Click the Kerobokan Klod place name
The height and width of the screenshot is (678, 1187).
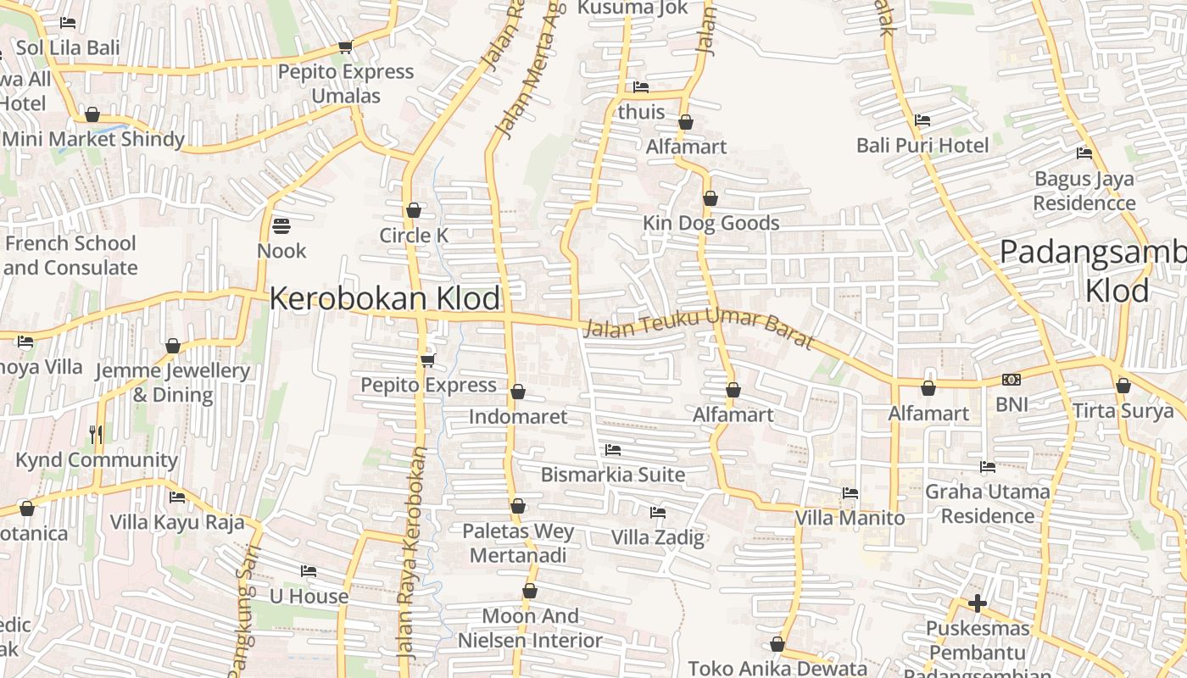point(384,299)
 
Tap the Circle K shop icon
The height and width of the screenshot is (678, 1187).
point(414,210)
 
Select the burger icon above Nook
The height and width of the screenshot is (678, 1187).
point(281,226)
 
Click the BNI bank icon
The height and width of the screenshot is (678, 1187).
point(1011,380)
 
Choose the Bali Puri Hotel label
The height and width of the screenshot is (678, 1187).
point(922,145)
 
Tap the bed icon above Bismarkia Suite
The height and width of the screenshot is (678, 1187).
point(613,450)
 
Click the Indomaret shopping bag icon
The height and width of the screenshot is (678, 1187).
point(518,392)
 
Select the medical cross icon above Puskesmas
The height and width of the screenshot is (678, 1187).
point(978,603)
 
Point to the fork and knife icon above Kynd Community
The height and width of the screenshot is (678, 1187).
point(96,435)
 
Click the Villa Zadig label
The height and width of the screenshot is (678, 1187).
point(658,537)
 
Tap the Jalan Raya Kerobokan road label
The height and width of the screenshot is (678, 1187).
point(411,553)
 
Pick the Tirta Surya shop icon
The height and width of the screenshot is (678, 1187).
point(1123,386)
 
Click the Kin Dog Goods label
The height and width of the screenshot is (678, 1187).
point(711,223)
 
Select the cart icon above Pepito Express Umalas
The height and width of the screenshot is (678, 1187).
point(345,47)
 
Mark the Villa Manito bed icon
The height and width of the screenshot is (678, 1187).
point(850,493)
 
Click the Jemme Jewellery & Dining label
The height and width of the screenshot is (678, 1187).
point(173,383)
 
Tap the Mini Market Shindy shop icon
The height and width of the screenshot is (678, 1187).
point(92,114)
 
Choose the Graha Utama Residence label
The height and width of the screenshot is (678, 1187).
point(988,503)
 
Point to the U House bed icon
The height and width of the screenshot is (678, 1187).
point(309,571)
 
